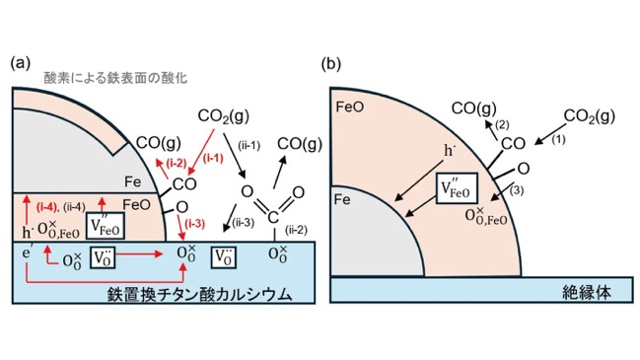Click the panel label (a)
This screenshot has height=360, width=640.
pos(20,63)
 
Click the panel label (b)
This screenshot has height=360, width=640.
pos(331,64)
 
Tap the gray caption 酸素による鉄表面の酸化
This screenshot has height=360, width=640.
pos(115,78)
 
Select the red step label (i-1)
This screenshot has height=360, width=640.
pos(213,158)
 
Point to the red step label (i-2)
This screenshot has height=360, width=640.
pos(177,164)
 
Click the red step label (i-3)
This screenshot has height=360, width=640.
pos(194,224)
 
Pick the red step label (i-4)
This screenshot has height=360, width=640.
pos(47,207)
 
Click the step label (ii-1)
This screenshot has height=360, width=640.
pos(249,145)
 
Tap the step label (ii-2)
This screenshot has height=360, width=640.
pos(296,230)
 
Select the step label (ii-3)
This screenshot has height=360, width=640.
pos(244,223)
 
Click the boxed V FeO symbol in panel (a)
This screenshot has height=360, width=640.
pos(106,226)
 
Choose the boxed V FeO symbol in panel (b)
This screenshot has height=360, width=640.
pos(457,188)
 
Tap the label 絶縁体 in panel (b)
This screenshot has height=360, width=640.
pos(587,292)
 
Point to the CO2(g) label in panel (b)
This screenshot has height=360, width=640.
pos(590,116)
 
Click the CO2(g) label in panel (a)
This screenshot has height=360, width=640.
pos(223,116)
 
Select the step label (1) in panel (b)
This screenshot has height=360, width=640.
pos(558,140)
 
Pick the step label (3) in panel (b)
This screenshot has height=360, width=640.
pos(517,190)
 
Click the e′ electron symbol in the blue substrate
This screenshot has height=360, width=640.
pos(27,253)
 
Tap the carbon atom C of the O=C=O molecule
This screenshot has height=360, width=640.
pos(273,218)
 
